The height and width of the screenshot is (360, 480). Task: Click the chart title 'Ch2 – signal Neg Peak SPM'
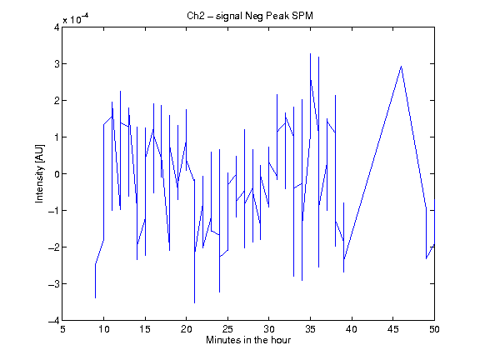tap(250, 16)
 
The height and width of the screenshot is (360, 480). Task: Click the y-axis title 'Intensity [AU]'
tap(39, 173)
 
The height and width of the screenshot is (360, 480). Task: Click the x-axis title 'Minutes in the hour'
tap(248, 340)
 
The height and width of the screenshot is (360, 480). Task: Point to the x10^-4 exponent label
tap(76, 19)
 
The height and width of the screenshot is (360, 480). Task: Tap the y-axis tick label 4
tap(57, 27)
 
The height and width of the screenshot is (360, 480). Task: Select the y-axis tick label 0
tap(57, 174)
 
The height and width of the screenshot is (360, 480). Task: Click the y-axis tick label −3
tap(54, 284)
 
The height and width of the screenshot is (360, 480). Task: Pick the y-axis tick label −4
tap(54, 321)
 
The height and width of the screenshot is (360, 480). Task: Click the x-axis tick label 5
tap(62, 329)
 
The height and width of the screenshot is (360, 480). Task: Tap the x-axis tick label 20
tap(186, 329)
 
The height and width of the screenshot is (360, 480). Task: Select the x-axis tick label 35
tap(310, 329)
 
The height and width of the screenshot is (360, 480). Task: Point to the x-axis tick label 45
tap(393, 329)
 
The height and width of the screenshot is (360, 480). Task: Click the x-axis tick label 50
tap(434, 329)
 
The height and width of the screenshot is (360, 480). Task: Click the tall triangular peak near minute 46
tap(402, 66)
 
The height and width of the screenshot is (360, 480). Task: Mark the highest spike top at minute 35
tap(310, 53)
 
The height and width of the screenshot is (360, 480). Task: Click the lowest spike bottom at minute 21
tap(194, 303)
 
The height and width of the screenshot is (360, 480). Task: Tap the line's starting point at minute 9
tap(96, 297)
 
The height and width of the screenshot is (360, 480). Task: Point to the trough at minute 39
tap(344, 272)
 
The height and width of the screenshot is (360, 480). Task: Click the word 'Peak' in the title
tap(277, 16)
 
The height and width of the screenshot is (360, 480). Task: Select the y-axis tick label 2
tap(57, 101)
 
